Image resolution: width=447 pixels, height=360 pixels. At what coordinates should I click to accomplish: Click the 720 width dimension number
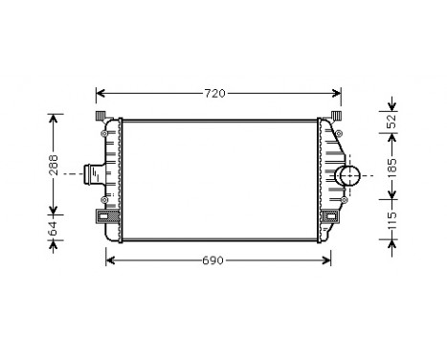pyautogui.click(x=217, y=94)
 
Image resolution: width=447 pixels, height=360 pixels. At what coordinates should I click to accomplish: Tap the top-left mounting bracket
pyautogui.click(x=101, y=117)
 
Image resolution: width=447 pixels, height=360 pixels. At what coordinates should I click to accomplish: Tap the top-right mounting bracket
pyautogui.click(x=336, y=117)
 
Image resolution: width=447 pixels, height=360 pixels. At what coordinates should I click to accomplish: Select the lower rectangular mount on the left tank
pyautogui.click(x=103, y=217)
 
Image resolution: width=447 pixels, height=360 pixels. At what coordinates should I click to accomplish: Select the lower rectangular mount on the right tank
pyautogui.click(x=331, y=217)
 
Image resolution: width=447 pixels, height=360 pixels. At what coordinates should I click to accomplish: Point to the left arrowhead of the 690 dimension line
pyautogui.click(x=108, y=260)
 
